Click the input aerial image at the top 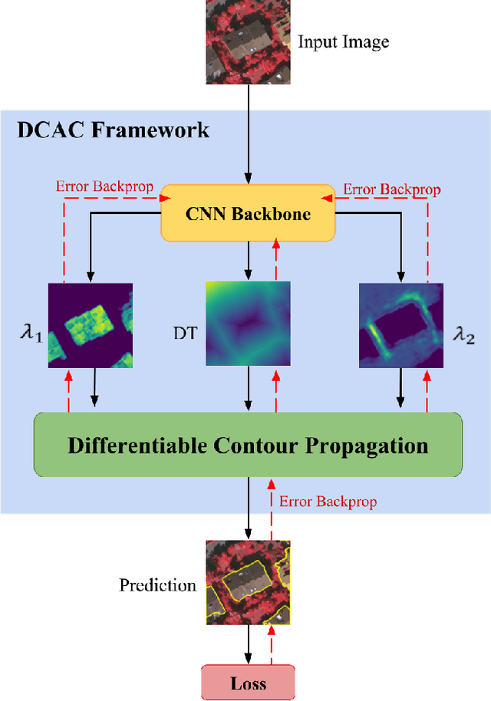click(248, 42)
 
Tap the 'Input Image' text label click(343, 41)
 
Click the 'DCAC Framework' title click(113, 130)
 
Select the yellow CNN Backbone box click(248, 213)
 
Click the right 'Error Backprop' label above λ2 click(391, 188)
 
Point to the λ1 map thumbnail click(91, 325)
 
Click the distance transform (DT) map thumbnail click(248, 322)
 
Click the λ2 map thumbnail click(401, 325)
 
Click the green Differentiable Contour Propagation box click(248, 444)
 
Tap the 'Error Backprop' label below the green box click(328, 502)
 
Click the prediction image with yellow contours click(248, 581)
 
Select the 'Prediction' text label click(157, 585)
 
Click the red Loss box click(248, 682)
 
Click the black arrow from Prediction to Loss click(248, 643)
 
